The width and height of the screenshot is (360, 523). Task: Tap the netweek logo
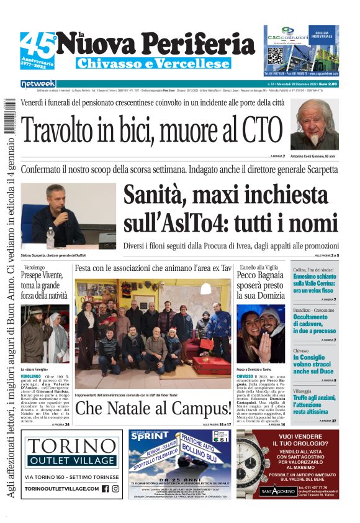pos(38,83)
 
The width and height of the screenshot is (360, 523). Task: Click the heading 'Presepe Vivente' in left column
pos(44,275)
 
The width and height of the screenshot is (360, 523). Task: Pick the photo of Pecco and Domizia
pos(261,334)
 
